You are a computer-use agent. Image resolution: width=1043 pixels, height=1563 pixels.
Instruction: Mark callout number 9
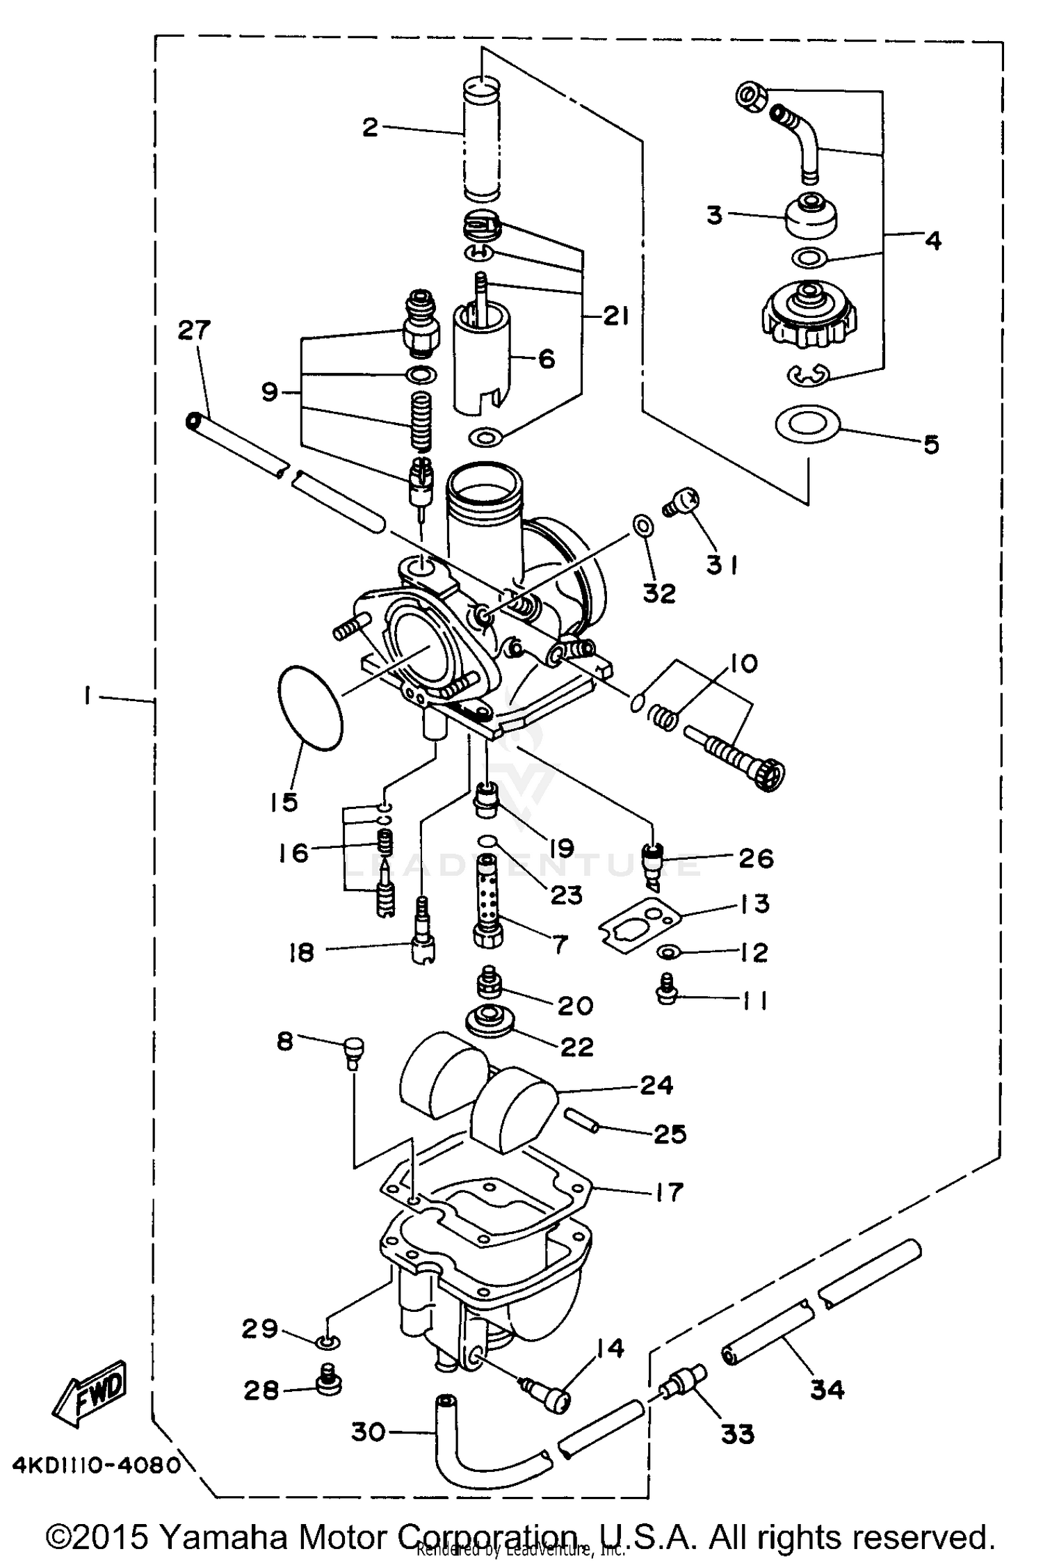click(269, 392)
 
